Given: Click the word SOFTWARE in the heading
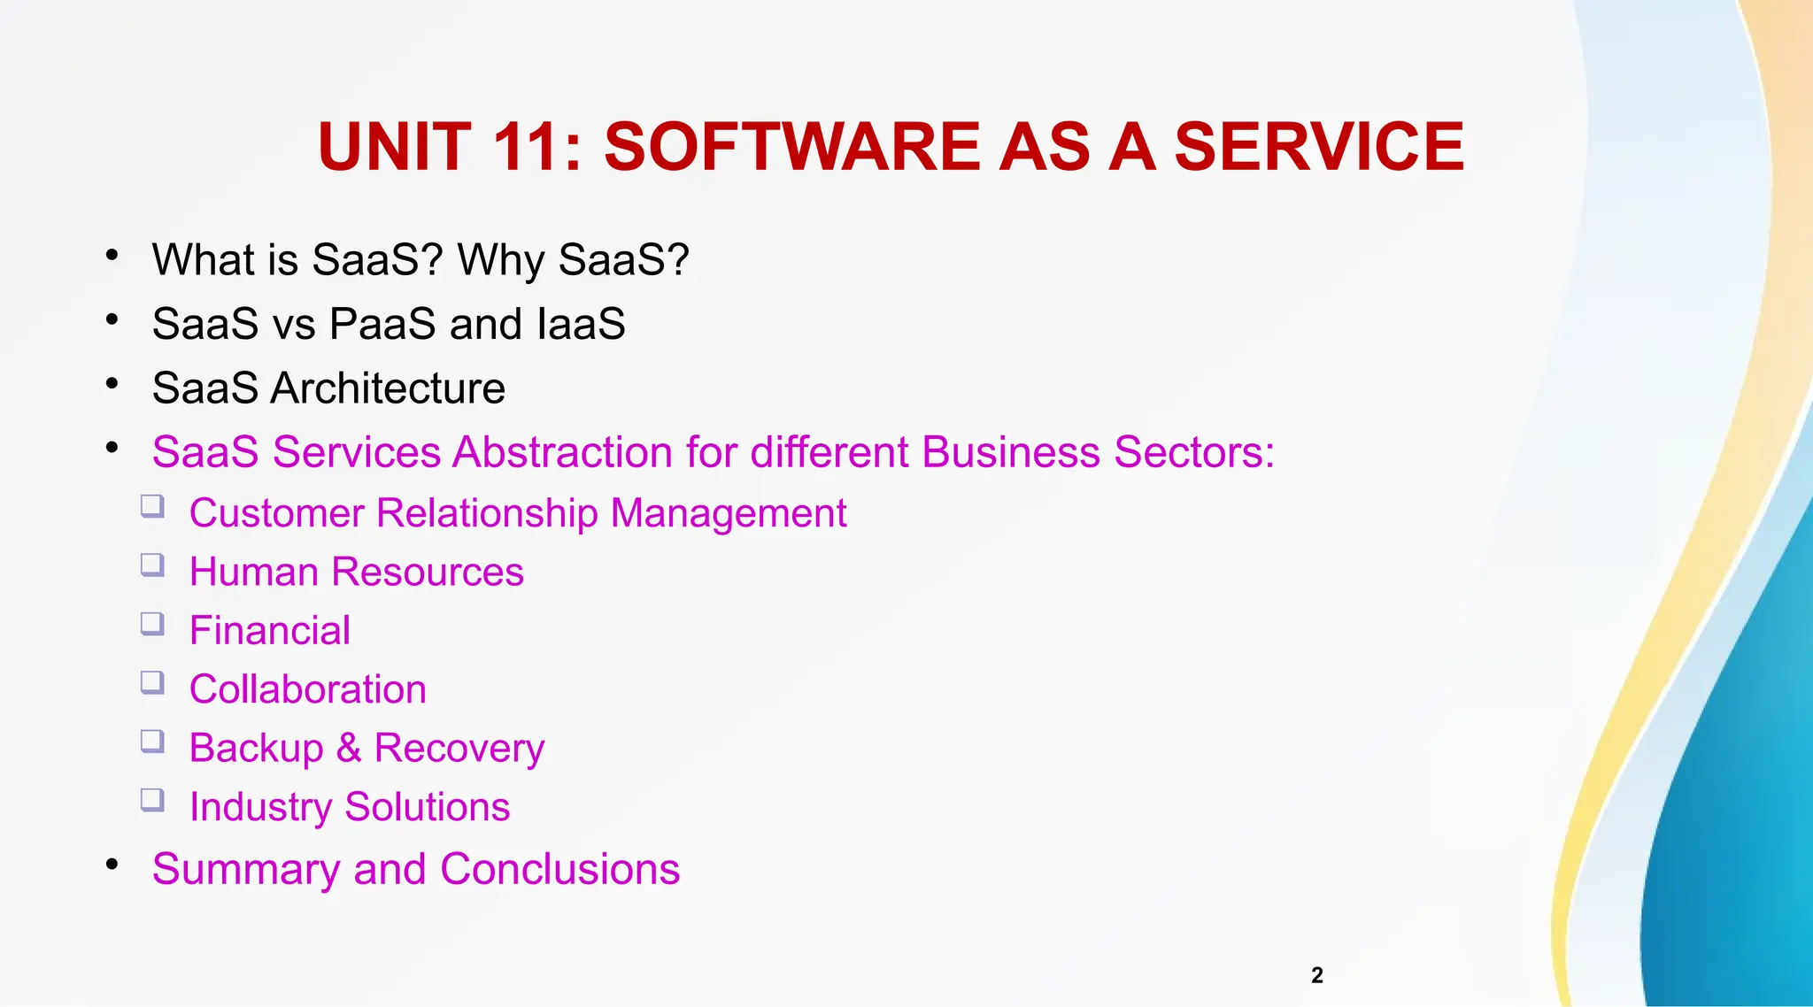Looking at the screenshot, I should [x=791, y=147].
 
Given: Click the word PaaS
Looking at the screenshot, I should [x=382, y=324].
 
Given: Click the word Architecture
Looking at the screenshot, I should [x=387, y=388].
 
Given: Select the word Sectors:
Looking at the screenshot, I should [x=1194, y=452].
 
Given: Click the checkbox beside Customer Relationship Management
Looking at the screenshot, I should [x=152, y=506].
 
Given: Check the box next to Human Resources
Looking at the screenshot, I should [x=152, y=565].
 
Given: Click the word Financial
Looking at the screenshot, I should [x=269, y=631].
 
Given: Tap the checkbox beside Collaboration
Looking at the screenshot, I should [x=152, y=682].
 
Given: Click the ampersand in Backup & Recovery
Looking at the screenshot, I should [x=349, y=749].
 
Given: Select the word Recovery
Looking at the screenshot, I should [x=459, y=749].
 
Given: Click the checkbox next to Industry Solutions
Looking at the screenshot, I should [x=152, y=800].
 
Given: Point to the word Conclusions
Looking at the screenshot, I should [x=559, y=869].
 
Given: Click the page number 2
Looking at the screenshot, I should [x=1316, y=975].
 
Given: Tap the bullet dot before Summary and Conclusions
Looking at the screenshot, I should [x=112, y=864].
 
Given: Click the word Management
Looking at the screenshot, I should [x=728, y=513].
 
